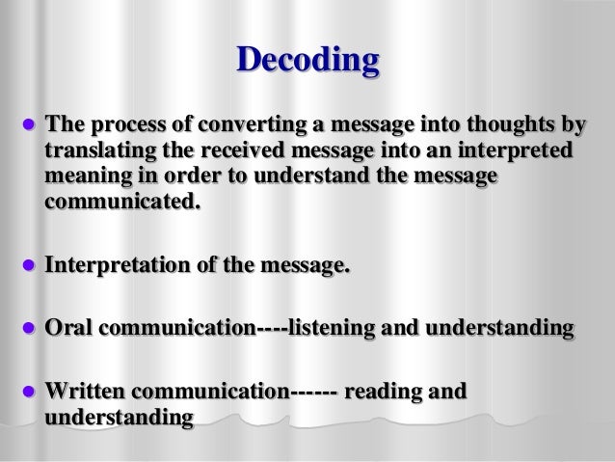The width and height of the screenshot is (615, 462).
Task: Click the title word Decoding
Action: (x=307, y=63)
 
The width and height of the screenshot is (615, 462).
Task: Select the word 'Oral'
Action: (x=68, y=329)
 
